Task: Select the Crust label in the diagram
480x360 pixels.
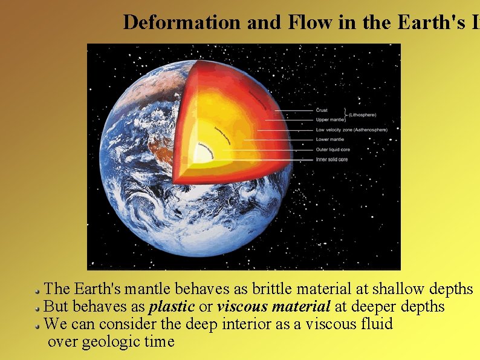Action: coord(323,110)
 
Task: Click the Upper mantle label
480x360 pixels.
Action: coord(330,120)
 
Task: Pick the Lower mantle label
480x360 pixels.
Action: coord(331,139)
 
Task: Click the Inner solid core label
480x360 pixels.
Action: coord(332,159)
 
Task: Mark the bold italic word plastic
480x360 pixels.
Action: coord(172,307)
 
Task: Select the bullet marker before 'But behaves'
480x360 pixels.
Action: coord(38,307)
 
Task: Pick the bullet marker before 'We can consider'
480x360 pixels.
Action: coord(38,324)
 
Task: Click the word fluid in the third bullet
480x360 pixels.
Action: coord(377,324)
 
